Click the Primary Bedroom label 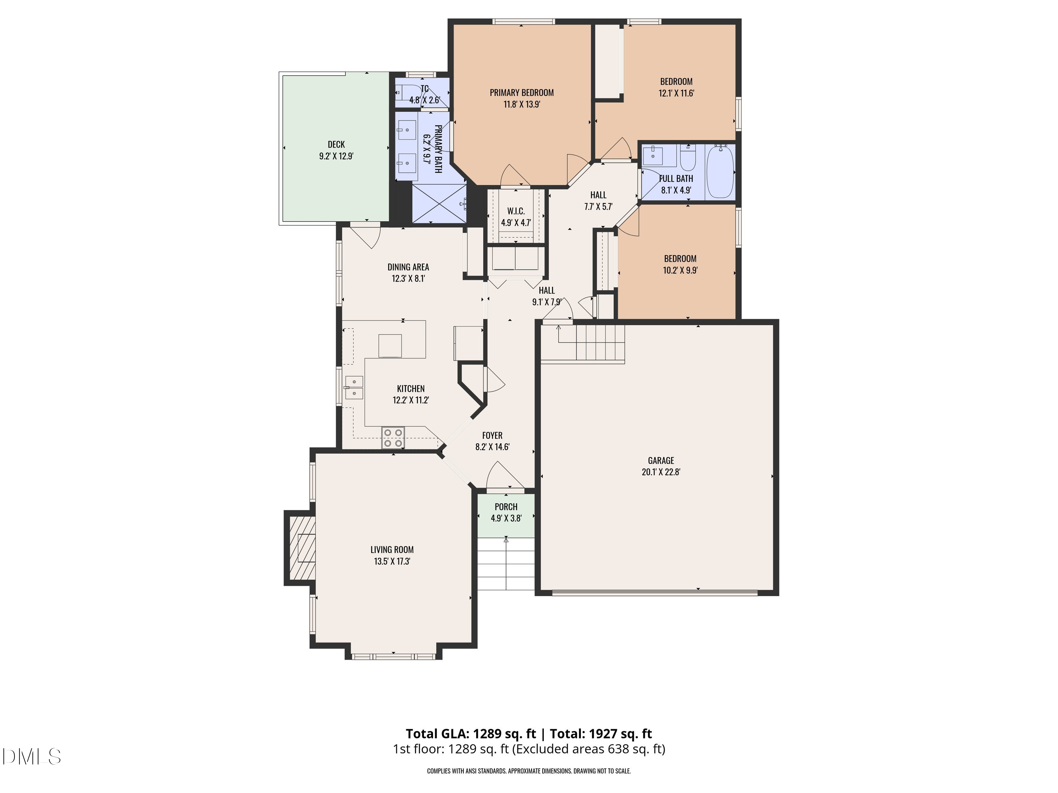point(521,93)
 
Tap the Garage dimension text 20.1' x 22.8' point(661,472)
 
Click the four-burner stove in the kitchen point(393,438)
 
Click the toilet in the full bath point(688,160)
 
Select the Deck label point(336,145)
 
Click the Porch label point(506,507)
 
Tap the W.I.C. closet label point(516,211)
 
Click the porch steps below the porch point(506,564)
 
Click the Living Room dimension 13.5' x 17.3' point(392,562)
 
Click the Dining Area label point(408,267)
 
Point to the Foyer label point(492,436)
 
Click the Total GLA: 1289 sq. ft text point(471,734)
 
